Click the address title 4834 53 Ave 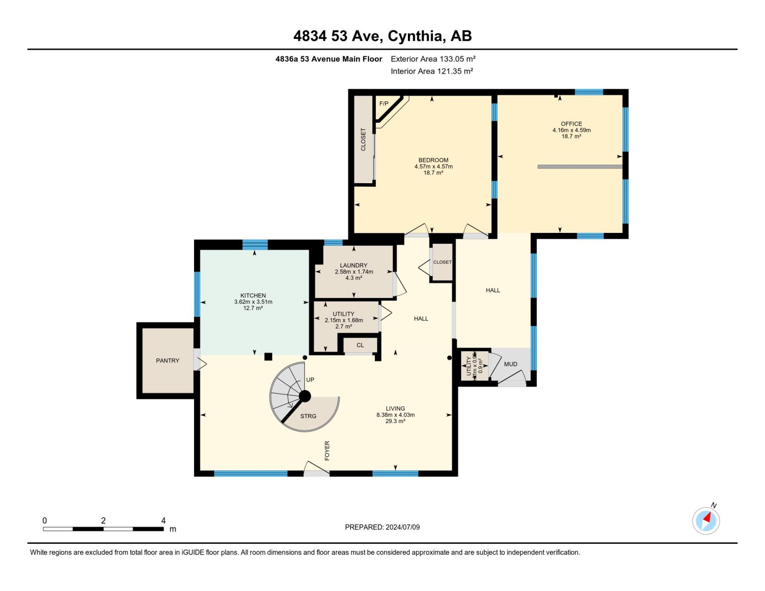pyautogui.click(x=382, y=36)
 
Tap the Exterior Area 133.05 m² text pyautogui.click(x=433, y=59)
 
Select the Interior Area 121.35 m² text pyautogui.click(x=432, y=71)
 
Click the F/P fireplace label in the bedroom pyautogui.click(x=384, y=103)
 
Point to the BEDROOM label pyautogui.click(x=433, y=160)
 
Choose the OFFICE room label pyautogui.click(x=571, y=124)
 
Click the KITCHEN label pyautogui.click(x=253, y=295)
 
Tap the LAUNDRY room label pyautogui.click(x=353, y=265)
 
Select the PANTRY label pyautogui.click(x=167, y=361)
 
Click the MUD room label pyautogui.click(x=510, y=364)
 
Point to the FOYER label pyautogui.click(x=327, y=451)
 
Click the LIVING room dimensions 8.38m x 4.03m pyautogui.click(x=395, y=415)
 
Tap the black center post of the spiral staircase pyautogui.click(x=305, y=396)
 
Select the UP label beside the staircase pyautogui.click(x=310, y=380)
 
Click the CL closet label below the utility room pyautogui.click(x=360, y=345)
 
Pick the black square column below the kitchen pyautogui.click(x=268, y=357)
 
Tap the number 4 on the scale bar pyautogui.click(x=163, y=521)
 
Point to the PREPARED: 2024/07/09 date pyautogui.click(x=382, y=527)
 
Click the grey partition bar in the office pyautogui.click(x=580, y=167)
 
